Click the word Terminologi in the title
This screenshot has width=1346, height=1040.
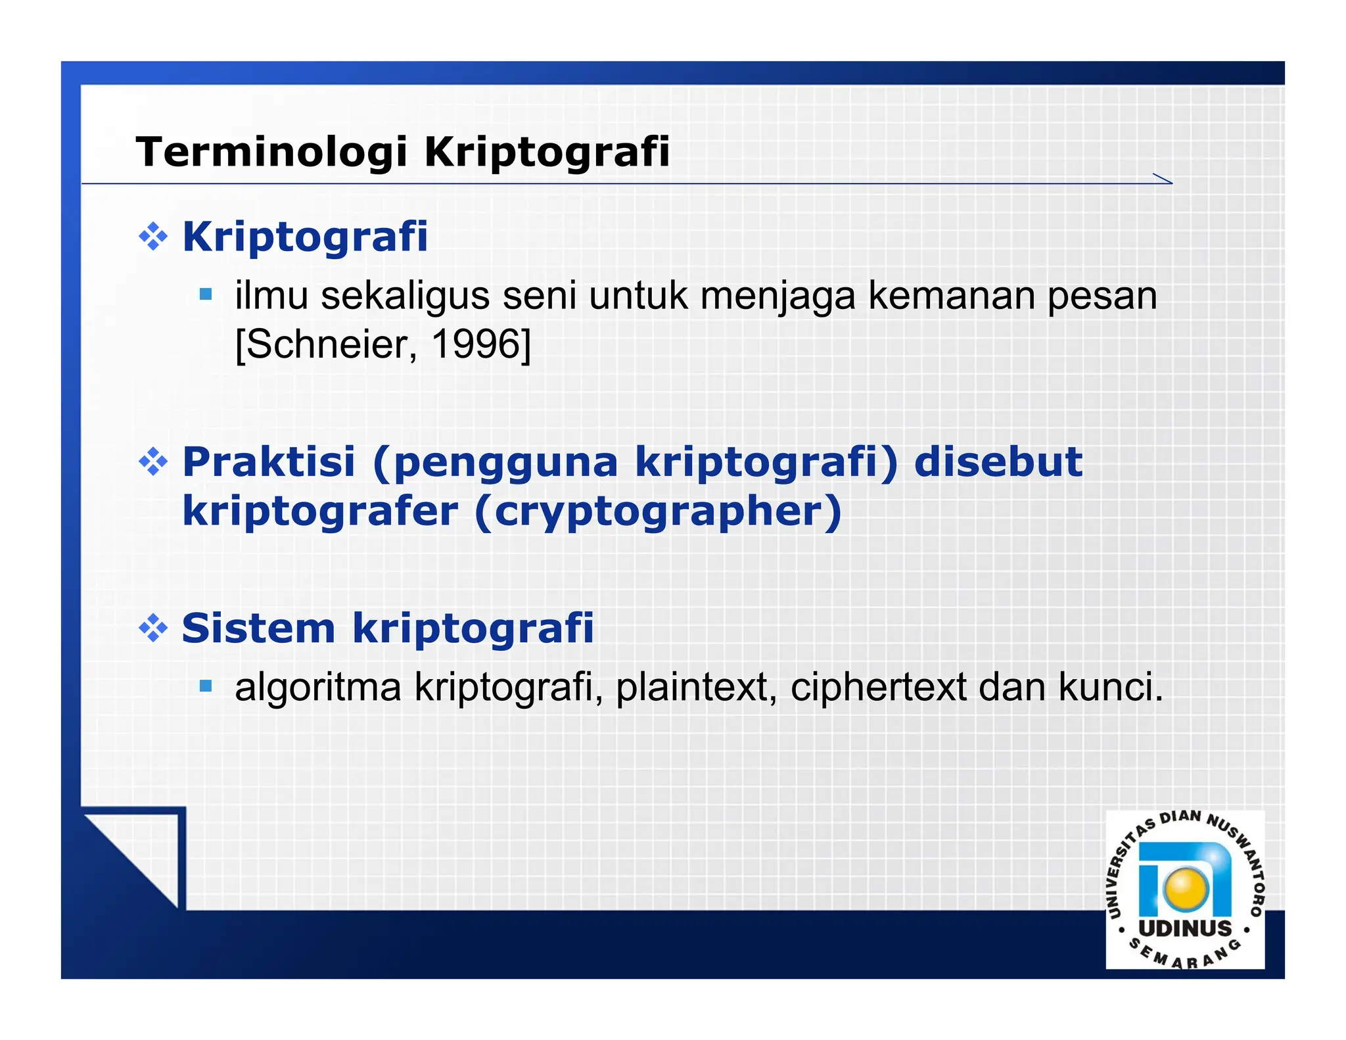point(272,152)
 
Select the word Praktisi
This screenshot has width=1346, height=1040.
point(268,461)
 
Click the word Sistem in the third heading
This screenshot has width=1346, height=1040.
point(258,628)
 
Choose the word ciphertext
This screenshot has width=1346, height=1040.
point(877,687)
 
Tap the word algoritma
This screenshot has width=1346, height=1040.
point(317,687)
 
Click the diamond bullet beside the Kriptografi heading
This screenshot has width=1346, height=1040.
point(153,237)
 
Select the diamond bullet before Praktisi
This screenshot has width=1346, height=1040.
point(153,462)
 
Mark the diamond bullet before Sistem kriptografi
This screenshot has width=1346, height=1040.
point(153,628)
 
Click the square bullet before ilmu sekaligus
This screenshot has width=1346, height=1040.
point(206,294)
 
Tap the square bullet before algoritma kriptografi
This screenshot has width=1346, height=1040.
point(206,687)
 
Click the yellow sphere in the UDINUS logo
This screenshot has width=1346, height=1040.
point(1186,889)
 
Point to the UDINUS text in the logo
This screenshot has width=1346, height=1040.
point(1185,928)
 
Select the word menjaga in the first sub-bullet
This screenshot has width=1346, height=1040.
point(777,296)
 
